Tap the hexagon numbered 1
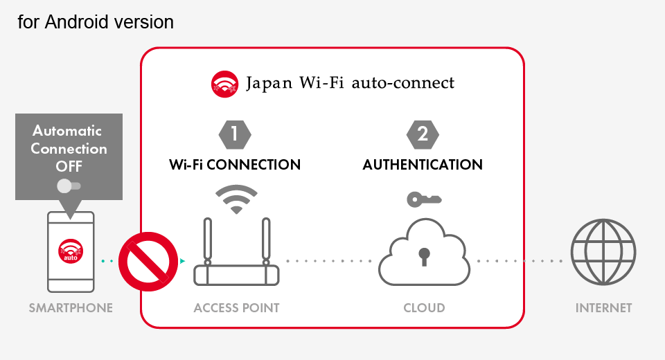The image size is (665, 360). coord(234,134)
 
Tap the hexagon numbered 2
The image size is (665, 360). coord(422,134)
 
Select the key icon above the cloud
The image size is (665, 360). coord(423,199)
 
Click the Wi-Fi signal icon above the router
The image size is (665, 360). coord(236,199)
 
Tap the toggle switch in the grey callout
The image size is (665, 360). coord(69,186)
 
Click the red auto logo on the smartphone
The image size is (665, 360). coord(71,251)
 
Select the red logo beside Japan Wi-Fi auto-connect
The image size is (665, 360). coord(224,84)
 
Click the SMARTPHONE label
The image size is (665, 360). coord(71,308)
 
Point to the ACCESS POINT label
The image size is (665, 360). coord(236,308)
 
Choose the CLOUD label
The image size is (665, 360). coord(424,308)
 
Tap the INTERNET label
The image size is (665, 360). coord(603,308)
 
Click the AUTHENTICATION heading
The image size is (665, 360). coord(423,165)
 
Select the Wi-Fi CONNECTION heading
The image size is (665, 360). coord(235,165)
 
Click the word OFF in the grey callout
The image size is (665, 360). coord(69,166)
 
